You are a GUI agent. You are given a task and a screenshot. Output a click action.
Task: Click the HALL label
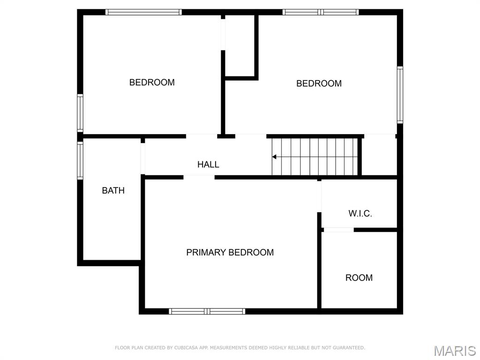point(208,165)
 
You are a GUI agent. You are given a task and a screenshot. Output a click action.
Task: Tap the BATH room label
point(113,190)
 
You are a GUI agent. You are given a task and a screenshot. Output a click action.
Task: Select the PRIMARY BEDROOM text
point(230,252)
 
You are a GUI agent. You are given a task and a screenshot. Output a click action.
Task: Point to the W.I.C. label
point(360,213)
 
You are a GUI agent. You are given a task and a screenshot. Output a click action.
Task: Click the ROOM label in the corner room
point(359,277)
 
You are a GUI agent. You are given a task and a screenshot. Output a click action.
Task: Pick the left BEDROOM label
point(152,82)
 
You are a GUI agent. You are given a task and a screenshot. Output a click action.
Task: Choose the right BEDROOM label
point(319,83)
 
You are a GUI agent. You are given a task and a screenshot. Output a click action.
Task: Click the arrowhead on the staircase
point(275,157)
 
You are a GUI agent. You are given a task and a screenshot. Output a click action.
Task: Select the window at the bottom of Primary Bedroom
point(207,311)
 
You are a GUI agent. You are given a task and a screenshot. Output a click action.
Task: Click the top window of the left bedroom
point(143,12)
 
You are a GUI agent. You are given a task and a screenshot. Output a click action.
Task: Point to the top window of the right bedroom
point(321,12)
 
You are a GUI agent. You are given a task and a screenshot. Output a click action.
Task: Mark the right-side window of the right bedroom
point(400,95)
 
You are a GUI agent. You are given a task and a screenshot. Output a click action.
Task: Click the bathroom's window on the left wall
point(80,161)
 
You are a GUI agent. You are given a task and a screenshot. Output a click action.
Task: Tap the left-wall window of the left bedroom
point(80,113)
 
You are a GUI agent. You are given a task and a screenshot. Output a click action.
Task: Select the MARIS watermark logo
point(454,351)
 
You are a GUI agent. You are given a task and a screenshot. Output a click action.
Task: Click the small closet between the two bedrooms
point(240,46)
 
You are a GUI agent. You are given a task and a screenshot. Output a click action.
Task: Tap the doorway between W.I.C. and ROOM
point(338,230)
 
